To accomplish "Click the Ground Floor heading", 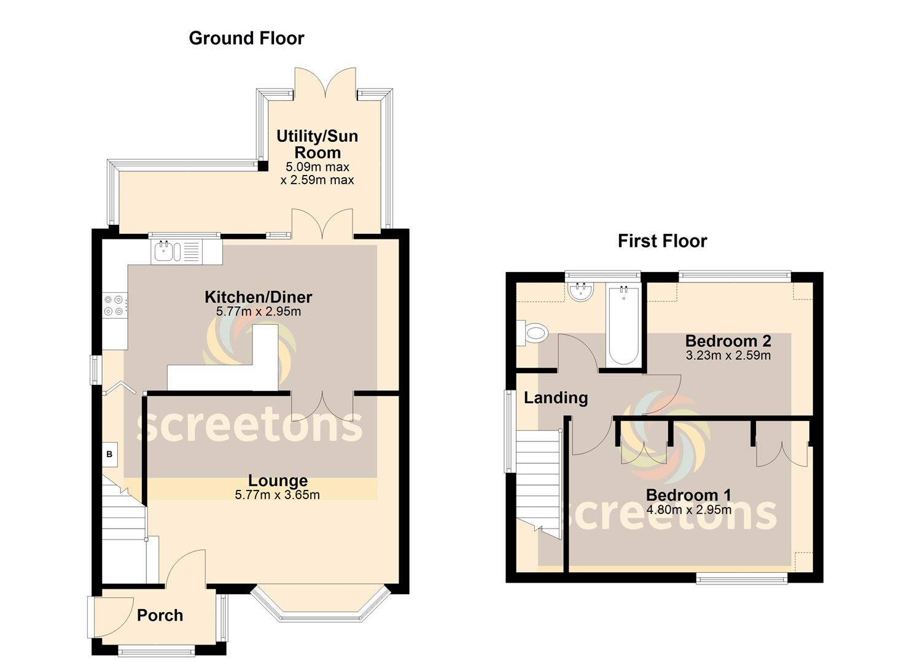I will click(246, 38).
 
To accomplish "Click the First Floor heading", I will click(662, 241).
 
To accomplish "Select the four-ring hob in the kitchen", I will click(115, 305).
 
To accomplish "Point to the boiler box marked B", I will click(110, 454).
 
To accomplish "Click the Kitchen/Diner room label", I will click(258, 297).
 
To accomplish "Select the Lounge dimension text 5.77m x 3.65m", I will click(277, 495).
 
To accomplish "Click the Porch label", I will click(160, 615).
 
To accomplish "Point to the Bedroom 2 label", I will click(728, 341).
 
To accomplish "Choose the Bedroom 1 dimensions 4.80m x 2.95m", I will click(688, 510).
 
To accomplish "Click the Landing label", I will click(556, 398).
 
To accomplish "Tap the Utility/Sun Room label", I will click(317, 144).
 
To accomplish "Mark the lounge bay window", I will click(321, 605).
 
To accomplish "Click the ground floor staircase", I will click(123, 531).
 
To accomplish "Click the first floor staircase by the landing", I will click(538, 479).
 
